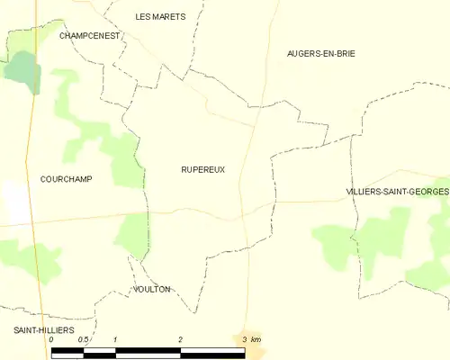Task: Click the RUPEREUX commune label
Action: coord(202,169)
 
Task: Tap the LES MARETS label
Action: coord(160,16)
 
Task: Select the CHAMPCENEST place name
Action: coord(89,35)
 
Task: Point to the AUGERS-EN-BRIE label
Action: coord(320,54)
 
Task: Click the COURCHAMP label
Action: coord(66,179)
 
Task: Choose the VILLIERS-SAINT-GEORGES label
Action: coord(397,193)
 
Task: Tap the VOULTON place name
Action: coord(150,289)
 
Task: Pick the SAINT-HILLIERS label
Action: coord(43,330)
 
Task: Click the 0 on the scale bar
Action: coord(51,339)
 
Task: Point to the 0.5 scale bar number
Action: coord(83,339)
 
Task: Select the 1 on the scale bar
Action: coord(116,339)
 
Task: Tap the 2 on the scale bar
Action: coord(180,339)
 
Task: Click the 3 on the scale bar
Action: coord(244,339)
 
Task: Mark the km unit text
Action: coord(256,339)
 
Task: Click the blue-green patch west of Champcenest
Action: coord(20,68)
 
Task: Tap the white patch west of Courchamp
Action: coord(13,200)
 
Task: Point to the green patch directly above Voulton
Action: coord(130,236)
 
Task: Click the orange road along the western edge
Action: coord(33,135)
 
